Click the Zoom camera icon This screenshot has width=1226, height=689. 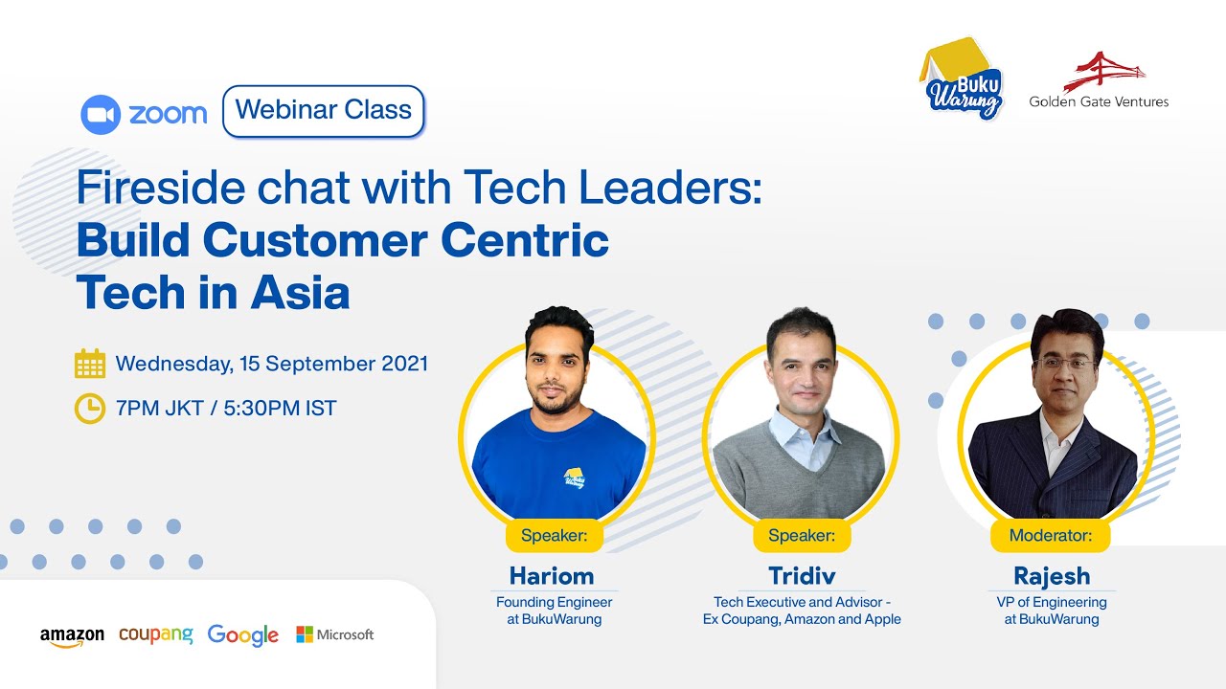coord(100,114)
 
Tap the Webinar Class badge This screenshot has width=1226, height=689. coord(323,111)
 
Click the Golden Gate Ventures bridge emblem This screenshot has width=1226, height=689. coord(1104,71)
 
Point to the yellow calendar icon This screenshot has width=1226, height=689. coord(90,365)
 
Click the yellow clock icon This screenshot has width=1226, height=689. coord(90,409)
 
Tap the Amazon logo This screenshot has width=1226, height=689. coord(72,636)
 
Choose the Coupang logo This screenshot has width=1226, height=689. coord(156,634)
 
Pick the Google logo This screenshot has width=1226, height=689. coord(242,635)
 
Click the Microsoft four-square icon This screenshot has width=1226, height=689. coord(305,634)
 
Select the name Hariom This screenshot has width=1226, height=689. coord(552,576)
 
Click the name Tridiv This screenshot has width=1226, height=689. coord(802,576)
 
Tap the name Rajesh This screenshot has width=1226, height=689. coord(1052,576)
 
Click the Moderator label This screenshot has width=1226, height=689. coord(1052,536)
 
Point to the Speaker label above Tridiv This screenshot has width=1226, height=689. coord(802,536)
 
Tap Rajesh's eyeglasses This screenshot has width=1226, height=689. coord(1065,365)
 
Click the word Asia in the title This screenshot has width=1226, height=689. coord(300,292)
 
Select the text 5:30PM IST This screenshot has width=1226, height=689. coord(280,409)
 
